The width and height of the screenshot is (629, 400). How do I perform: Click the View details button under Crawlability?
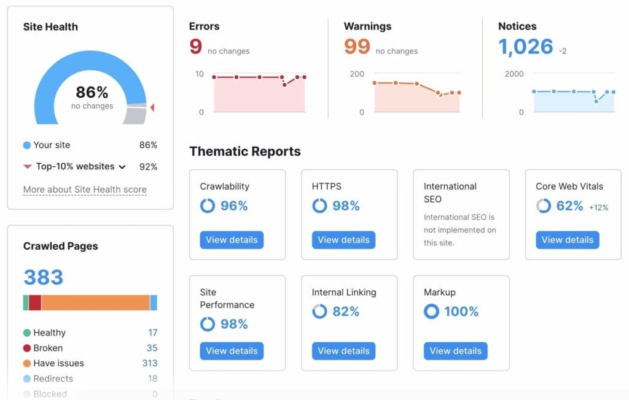pyautogui.click(x=232, y=240)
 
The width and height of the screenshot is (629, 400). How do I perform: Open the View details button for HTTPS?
pyautogui.click(x=343, y=240)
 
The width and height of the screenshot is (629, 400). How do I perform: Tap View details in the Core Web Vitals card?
pyautogui.click(x=567, y=240)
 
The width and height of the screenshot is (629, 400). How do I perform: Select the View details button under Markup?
pyautogui.click(x=455, y=351)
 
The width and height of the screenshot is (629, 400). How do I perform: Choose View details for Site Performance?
pyautogui.click(x=232, y=351)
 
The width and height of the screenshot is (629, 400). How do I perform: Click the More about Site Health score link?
pyautogui.click(x=85, y=190)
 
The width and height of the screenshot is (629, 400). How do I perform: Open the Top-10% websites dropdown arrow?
pyautogui.click(x=122, y=167)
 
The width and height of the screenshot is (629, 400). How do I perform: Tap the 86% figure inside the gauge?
pyautogui.click(x=92, y=93)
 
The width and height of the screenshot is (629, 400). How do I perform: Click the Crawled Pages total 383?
pyautogui.click(x=44, y=277)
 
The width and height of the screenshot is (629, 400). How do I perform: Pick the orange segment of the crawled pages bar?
pyautogui.click(x=95, y=302)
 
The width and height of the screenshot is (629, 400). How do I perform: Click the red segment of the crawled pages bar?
pyautogui.click(x=35, y=302)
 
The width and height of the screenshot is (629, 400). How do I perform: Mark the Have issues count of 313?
pyautogui.click(x=150, y=363)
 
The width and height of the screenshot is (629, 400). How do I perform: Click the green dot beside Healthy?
pyautogui.click(x=27, y=333)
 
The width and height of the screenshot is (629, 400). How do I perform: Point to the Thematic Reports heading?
pyautogui.click(x=245, y=152)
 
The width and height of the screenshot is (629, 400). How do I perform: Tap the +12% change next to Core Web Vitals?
pyautogui.click(x=598, y=207)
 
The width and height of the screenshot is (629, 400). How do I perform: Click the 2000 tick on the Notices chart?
pyautogui.click(x=514, y=74)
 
